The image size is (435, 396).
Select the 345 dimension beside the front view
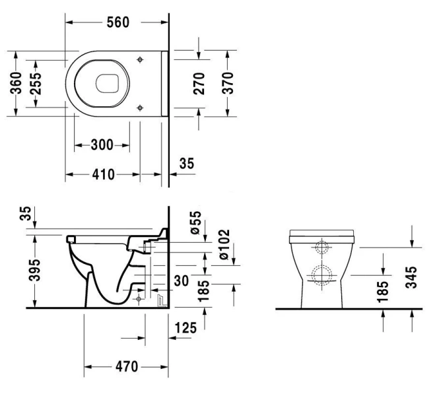[x=412, y=279]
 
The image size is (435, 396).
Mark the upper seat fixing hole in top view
[x=139, y=60]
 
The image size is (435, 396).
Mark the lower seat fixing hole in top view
[x=139, y=106]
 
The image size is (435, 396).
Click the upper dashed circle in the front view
[x=323, y=248]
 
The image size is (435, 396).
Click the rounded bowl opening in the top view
[x=106, y=83]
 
